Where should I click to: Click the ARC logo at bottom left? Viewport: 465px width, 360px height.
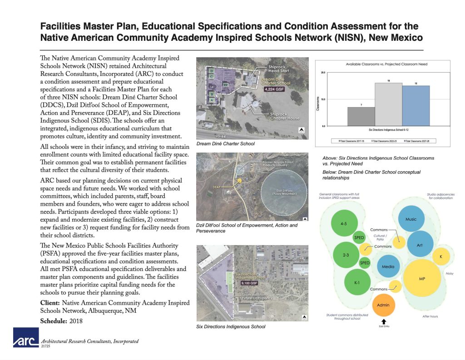coord(26,339)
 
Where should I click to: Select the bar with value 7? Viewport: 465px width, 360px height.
coord(361,117)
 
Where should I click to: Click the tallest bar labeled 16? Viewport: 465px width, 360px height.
coord(388,104)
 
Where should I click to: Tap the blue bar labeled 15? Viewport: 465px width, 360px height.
coord(416,106)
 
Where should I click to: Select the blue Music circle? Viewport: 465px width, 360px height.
coord(411,219)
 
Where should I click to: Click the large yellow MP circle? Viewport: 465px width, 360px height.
coord(421,278)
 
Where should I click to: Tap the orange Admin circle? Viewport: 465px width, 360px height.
coord(383,305)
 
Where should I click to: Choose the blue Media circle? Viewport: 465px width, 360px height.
coord(388,267)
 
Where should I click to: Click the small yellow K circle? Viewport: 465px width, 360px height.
coord(440,257)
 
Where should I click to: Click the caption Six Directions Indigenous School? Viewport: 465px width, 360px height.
coord(231,326)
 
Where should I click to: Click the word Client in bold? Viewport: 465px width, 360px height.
coord(50,303)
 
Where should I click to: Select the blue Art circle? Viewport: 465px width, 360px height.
coord(420,245)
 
